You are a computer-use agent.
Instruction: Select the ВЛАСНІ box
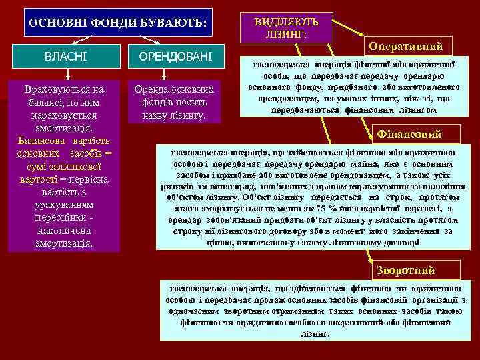pos(64,58)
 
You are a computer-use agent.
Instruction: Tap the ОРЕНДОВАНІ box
pos(173,58)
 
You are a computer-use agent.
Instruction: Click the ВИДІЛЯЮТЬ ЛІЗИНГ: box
pos(286,27)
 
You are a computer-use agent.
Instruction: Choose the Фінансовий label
pos(409,134)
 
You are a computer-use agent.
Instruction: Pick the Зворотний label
pos(405,270)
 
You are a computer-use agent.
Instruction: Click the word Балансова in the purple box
pos(41,141)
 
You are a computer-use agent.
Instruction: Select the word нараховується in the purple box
pos(64,115)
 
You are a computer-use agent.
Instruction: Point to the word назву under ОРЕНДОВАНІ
pos(156,115)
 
